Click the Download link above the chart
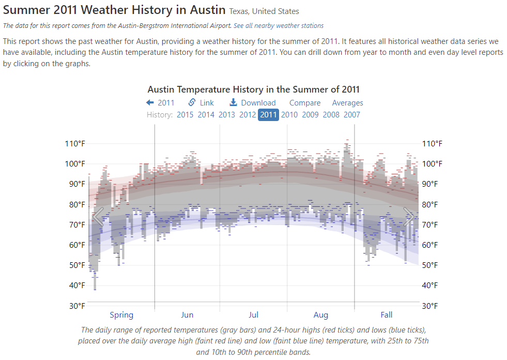(x=253, y=103)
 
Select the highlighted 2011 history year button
(x=268, y=115)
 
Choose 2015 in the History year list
(x=185, y=115)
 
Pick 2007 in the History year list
(x=352, y=115)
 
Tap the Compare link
(x=305, y=103)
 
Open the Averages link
(x=347, y=103)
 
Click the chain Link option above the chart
(x=201, y=103)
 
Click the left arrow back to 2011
(x=161, y=103)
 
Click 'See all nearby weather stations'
(x=279, y=25)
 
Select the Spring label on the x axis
(x=121, y=314)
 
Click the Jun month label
(x=187, y=314)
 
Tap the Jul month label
(x=253, y=314)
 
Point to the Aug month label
(x=321, y=314)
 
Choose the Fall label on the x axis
(x=387, y=314)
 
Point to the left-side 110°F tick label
(x=74, y=144)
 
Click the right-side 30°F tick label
(x=433, y=306)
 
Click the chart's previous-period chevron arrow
(x=98, y=217)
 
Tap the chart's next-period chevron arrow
(x=409, y=217)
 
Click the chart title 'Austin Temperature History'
(x=253, y=89)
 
